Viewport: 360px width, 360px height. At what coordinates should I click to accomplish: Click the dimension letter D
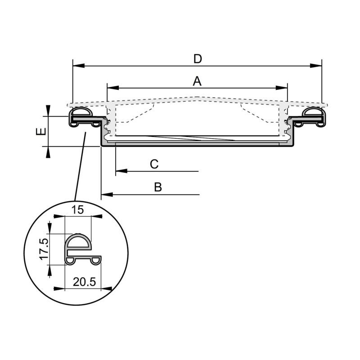tap(197, 58)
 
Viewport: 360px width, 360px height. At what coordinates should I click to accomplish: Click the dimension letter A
tap(197, 81)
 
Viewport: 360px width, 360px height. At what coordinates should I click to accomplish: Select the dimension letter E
tap(40, 131)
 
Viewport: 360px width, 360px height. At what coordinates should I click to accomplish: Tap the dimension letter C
tap(154, 164)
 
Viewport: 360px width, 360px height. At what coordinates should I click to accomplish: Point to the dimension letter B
tap(157, 187)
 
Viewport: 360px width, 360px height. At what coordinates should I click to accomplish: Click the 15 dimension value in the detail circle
tap(78, 209)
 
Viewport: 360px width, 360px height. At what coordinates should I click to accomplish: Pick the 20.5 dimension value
tap(84, 282)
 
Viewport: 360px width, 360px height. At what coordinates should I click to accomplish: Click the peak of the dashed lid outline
tap(197, 97)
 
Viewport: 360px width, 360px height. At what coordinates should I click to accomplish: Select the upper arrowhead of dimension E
tap(48, 111)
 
